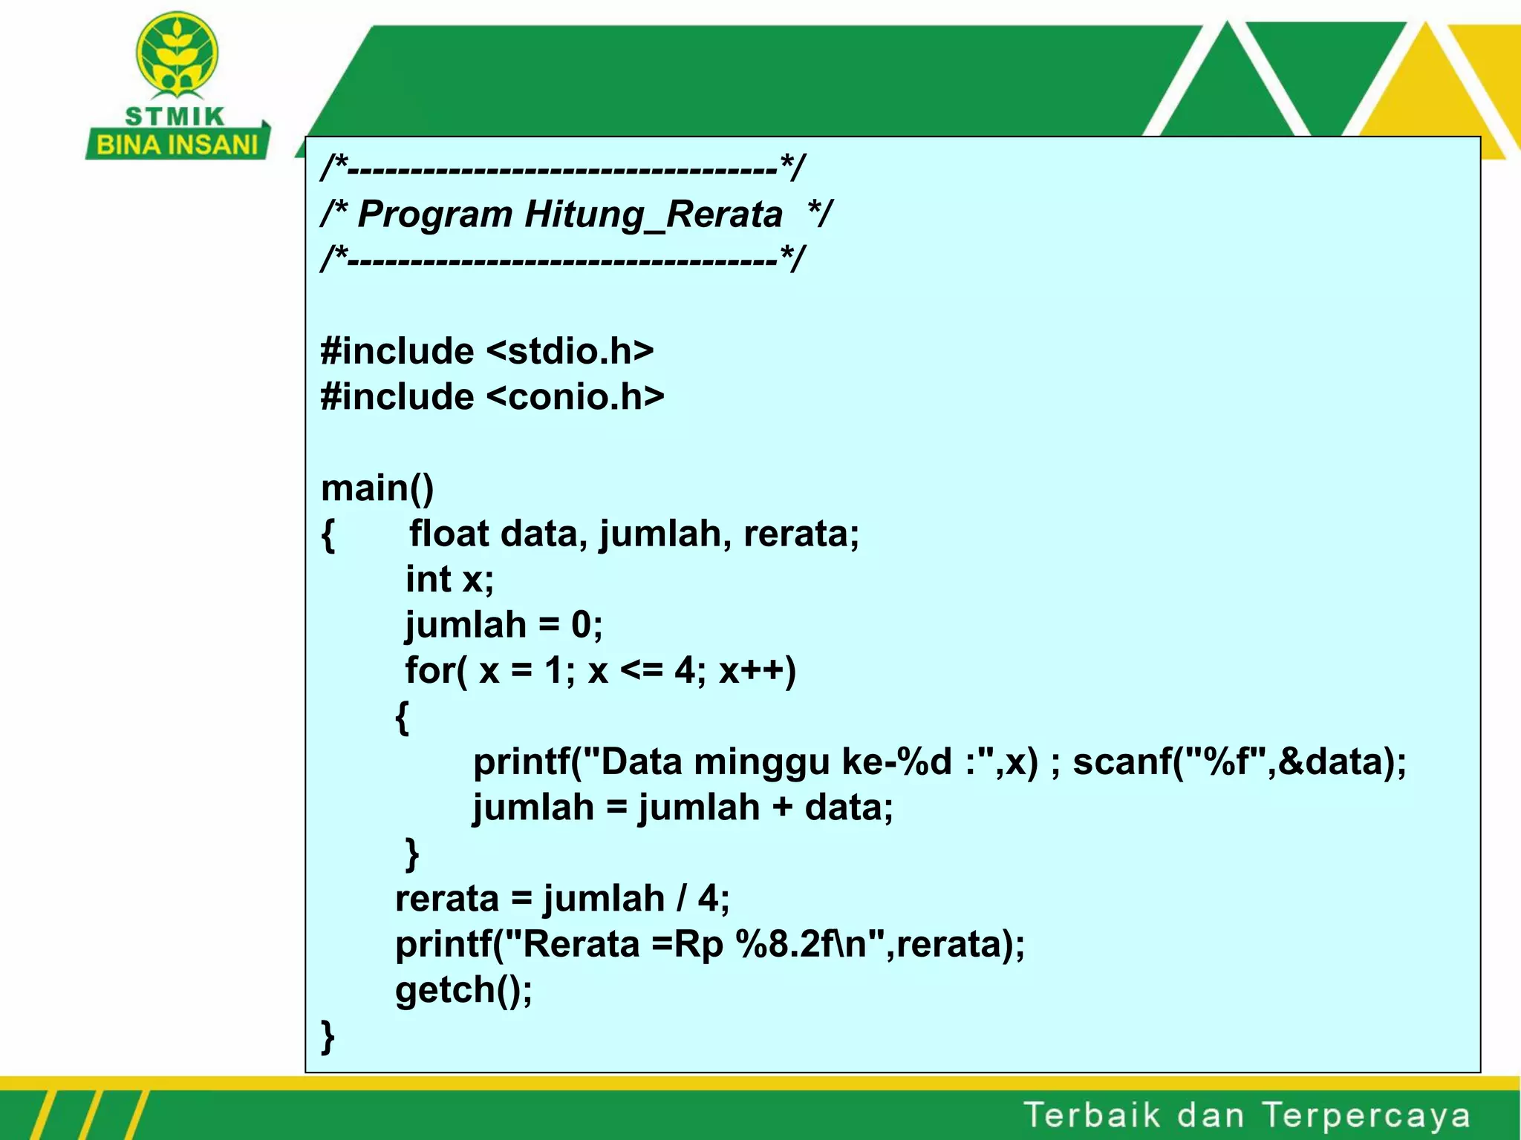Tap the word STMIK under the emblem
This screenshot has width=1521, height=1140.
coord(175,117)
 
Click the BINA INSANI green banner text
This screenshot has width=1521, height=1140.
coord(177,144)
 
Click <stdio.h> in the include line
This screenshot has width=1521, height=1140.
coord(570,351)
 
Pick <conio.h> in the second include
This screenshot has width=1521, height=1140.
coord(576,397)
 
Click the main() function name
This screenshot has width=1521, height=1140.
coord(377,488)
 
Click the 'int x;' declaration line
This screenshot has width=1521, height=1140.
coord(449,580)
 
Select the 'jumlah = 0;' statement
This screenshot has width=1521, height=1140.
coord(504,625)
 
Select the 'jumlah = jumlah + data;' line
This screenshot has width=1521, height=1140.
coord(683,808)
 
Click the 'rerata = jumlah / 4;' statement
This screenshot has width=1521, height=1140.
coord(562,900)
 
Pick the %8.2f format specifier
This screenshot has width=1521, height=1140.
coord(786,945)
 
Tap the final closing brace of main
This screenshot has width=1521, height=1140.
coord(328,1036)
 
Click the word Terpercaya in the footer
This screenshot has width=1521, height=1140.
coord(1367,1116)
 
